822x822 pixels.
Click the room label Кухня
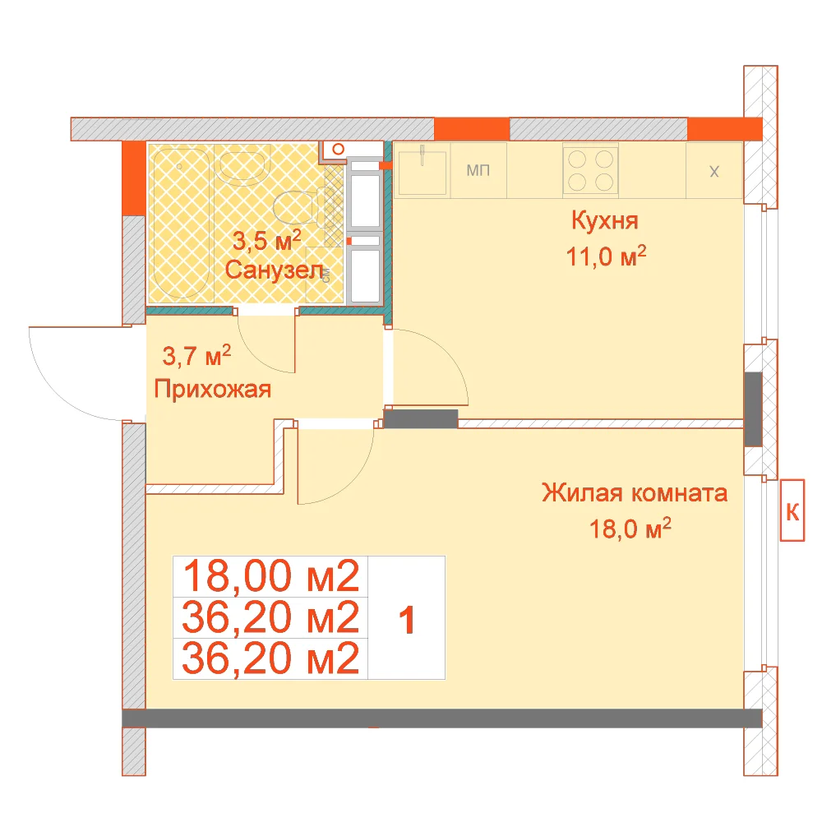[604, 220]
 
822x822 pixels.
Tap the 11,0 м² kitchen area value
[606, 256]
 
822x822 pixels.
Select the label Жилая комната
[635, 492]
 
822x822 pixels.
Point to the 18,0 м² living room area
[630, 529]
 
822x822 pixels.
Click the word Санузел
[275, 270]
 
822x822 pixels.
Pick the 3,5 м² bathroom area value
[267, 241]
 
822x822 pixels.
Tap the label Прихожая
[212, 389]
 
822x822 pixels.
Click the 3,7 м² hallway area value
[196, 355]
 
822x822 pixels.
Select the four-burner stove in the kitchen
[590, 170]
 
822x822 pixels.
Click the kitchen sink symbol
[423, 170]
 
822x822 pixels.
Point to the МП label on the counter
[478, 170]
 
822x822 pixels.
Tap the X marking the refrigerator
[714, 172]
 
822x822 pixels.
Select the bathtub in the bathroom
[181, 224]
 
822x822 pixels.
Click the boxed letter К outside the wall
[792, 510]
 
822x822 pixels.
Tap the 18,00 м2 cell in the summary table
[270, 576]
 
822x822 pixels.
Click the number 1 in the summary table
[407, 620]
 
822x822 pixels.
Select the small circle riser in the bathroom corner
[338, 150]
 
